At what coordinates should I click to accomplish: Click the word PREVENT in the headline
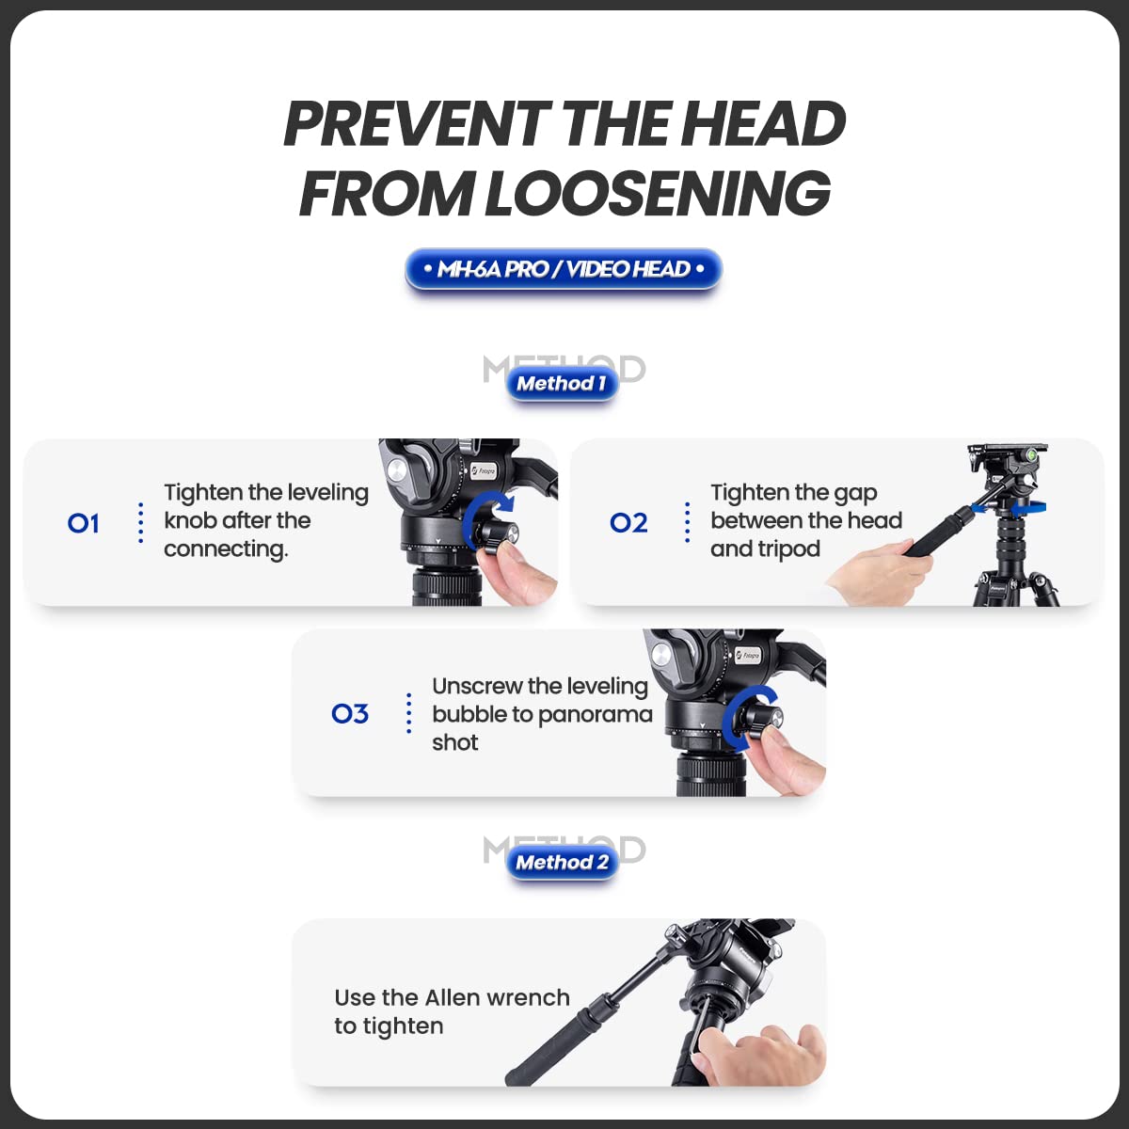click(416, 123)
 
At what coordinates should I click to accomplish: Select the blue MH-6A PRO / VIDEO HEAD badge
click(564, 269)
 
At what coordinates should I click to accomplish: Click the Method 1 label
click(563, 384)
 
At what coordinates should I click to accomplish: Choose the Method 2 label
click(563, 863)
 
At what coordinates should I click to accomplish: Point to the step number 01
click(83, 523)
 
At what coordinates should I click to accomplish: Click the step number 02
click(628, 522)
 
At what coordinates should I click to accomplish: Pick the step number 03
click(350, 713)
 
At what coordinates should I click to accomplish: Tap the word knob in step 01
click(190, 520)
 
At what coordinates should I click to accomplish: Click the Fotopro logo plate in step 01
click(484, 470)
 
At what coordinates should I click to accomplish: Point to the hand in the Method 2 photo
click(762, 1055)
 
